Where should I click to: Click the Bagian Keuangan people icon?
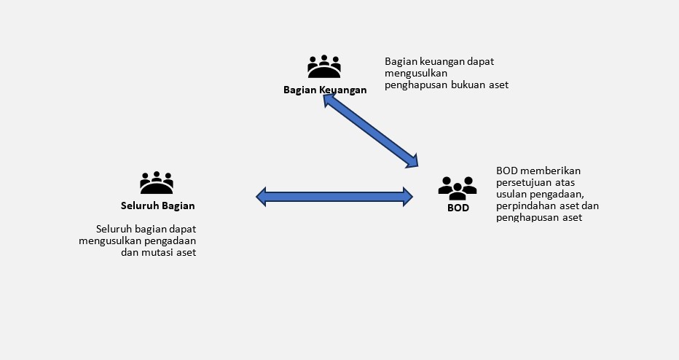coord(324,67)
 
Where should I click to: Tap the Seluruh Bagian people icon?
coord(157,182)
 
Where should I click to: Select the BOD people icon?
coord(458,187)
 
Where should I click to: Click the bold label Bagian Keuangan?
coord(325,90)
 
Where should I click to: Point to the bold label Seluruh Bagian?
coord(158,206)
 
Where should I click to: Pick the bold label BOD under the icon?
coord(458,208)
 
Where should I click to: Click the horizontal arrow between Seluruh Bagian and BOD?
coord(334,196)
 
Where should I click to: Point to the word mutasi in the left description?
coord(160,252)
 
